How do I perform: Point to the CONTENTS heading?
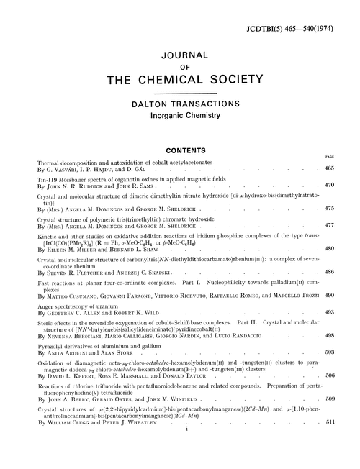point(179,152)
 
